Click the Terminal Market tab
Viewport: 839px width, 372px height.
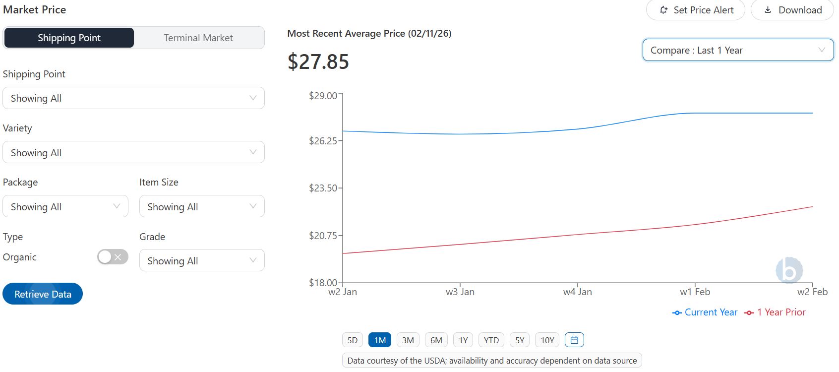click(x=198, y=38)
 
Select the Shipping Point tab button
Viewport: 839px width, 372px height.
click(x=69, y=38)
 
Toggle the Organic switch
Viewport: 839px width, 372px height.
click(x=113, y=257)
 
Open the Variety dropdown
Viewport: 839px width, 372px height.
click(x=133, y=152)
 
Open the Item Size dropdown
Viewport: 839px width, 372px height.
click(x=202, y=206)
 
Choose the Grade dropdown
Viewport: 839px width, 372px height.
click(x=202, y=260)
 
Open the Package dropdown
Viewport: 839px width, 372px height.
click(x=65, y=206)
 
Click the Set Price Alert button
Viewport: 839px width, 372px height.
click(x=696, y=10)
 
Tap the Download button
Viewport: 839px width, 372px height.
click(x=792, y=10)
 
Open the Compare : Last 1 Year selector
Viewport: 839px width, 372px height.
click(x=738, y=50)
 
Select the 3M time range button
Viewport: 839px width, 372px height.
click(x=408, y=340)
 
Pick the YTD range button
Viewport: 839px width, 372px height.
click(x=491, y=340)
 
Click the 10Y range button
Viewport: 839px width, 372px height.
click(x=547, y=340)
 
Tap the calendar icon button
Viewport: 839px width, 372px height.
click(x=574, y=340)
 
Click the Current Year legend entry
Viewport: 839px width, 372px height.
click(x=705, y=312)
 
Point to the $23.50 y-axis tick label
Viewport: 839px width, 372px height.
click(x=323, y=188)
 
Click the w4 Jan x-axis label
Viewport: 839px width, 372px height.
click(x=577, y=292)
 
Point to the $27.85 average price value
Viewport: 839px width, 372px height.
click(x=318, y=62)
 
